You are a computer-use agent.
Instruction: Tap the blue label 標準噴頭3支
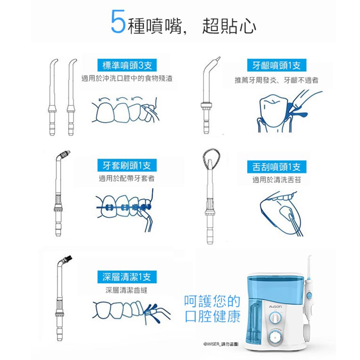(127, 65)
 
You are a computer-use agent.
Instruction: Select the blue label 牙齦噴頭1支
(276, 65)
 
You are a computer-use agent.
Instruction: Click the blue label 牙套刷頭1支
(127, 165)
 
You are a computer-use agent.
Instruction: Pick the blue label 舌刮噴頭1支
(276, 167)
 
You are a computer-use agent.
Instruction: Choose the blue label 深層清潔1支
(127, 277)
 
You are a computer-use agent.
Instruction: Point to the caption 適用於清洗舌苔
(276, 180)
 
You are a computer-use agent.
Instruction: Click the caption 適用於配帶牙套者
(127, 178)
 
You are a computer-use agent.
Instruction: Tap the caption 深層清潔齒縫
(126, 290)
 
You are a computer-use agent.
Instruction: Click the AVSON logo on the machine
(275, 307)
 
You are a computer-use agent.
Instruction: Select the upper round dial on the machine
(275, 318)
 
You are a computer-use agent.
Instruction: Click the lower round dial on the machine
(274, 337)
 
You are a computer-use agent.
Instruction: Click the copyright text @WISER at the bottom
(221, 344)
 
